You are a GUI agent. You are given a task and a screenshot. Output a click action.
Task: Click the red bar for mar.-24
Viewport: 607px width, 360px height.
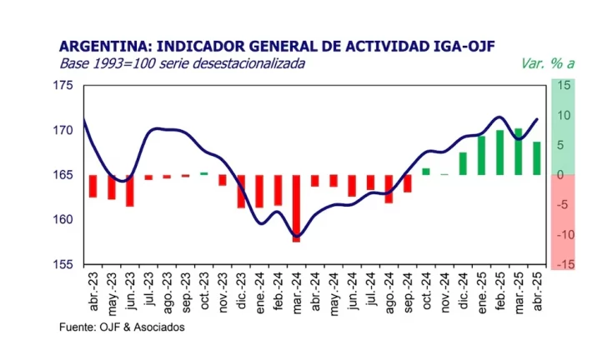pos(296,207)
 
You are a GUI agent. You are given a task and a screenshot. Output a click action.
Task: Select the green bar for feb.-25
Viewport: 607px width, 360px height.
pos(499,152)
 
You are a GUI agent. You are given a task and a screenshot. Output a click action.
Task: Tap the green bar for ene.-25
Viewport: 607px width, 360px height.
pos(481,155)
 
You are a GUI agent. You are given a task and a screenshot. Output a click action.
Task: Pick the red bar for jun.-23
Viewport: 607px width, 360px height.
pos(130,190)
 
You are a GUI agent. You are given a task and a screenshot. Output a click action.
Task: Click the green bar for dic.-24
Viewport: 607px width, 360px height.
pos(463,163)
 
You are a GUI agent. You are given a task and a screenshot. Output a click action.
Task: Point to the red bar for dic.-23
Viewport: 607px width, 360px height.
pos(241,191)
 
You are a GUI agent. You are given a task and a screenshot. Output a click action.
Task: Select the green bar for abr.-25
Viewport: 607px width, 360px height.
pos(537,158)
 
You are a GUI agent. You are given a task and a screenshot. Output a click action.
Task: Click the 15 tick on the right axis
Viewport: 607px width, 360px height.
pos(565,86)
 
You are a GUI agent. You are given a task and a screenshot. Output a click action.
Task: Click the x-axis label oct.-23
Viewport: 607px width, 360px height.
pos(204,291)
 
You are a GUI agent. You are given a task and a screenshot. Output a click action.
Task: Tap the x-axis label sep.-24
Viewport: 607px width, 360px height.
pos(408,291)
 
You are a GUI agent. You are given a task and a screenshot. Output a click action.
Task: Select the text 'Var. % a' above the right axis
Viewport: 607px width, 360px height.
pos(544,64)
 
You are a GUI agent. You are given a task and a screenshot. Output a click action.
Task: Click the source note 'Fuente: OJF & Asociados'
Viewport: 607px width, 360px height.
pos(122,327)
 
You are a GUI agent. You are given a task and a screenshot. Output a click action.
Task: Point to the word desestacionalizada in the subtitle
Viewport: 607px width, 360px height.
pos(246,63)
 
